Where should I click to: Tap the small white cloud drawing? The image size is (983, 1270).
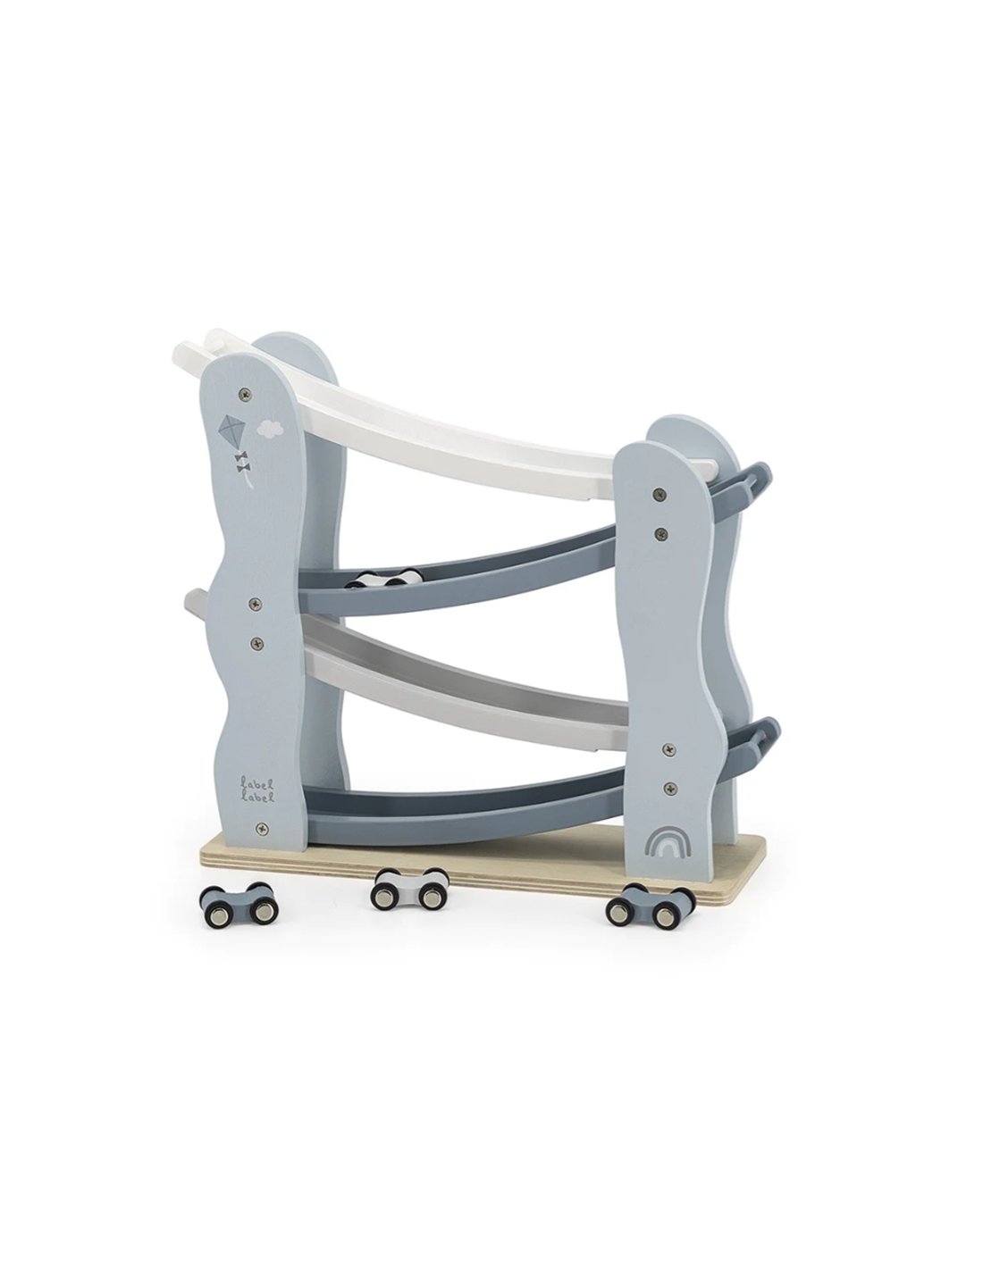click(x=269, y=430)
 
